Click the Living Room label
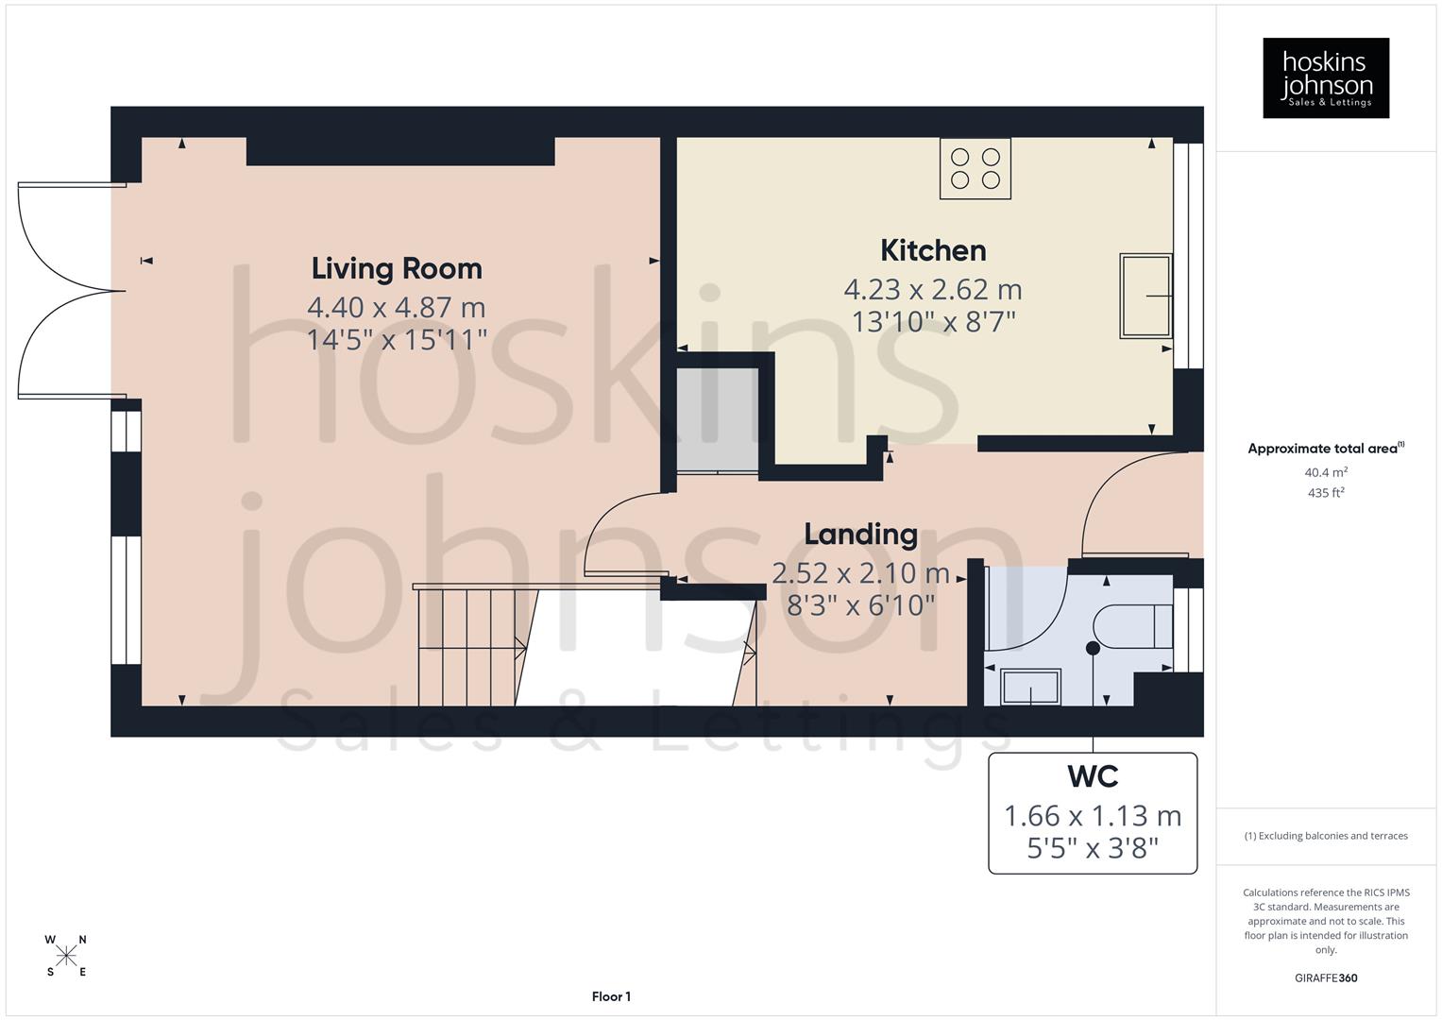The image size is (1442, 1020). [x=397, y=268]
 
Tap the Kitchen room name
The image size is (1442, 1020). [x=933, y=250]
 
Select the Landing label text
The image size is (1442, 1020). [x=860, y=535]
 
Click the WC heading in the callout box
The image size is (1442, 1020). [x=1093, y=776]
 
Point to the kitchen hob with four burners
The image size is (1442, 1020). [x=975, y=169]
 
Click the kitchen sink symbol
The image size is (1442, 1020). [x=1145, y=296]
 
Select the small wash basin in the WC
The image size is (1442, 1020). [x=1030, y=687]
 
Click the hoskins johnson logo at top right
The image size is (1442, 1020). [x=1326, y=77]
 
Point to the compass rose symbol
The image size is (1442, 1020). [x=66, y=956]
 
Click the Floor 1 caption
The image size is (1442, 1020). [x=611, y=996]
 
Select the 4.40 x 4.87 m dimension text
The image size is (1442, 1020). [x=397, y=307]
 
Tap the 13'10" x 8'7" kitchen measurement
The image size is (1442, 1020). [x=933, y=322]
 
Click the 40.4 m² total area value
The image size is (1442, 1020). [x=1326, y=472]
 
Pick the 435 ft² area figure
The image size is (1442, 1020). [x=1326, y=493]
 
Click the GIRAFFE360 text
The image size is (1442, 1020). [x=1326, y=977]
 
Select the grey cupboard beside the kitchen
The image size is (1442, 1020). [x=718, y=420]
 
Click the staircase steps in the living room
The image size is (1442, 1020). [x=467, y=647]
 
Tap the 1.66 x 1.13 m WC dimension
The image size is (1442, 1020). [x=1093, y=815]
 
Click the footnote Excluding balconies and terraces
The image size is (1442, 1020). [x=1326, y=836]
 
